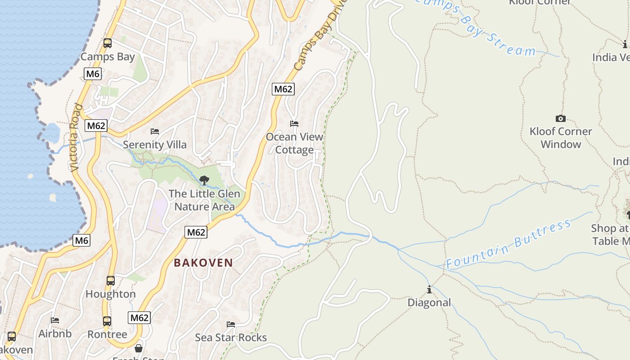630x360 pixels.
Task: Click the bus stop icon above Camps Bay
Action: coord(107,43)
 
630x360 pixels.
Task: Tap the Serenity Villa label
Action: coord(154,144)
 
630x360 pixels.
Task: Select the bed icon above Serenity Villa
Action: coord(155,131)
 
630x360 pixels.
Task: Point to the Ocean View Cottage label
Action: coord(294,143)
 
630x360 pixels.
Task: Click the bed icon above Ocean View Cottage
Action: coord(294,123)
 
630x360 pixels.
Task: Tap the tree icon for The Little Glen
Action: coord(204,180)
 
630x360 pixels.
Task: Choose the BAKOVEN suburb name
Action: coord(203,263)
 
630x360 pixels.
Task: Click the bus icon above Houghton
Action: coord(111,281)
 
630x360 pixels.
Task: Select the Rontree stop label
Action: coord(107,334)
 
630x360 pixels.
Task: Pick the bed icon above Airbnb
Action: coord(55,320)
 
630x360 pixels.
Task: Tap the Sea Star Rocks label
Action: coord(231,337)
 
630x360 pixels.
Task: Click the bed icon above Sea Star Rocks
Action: coord(231,324)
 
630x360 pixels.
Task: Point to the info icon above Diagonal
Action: coord(429,289)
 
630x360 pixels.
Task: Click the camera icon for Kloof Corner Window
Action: coord(560,118)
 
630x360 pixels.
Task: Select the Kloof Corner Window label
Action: coord(561,138)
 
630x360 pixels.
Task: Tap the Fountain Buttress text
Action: coord(508,244)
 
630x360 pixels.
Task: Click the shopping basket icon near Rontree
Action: coord(139,348)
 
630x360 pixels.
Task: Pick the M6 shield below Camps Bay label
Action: coord(92,73)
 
